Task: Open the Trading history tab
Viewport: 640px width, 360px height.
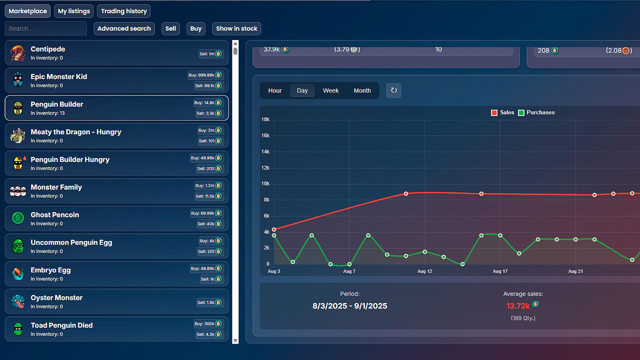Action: point(124,11)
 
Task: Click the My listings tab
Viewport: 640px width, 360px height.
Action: point(74,11)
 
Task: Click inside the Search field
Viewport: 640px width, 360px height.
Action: point(46,29)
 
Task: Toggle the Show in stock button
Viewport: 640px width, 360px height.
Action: point(236,29)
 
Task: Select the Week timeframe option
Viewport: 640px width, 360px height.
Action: point(331,91)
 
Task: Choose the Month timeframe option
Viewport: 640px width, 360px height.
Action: point(362,91)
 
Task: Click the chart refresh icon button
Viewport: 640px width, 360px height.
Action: point(394,90)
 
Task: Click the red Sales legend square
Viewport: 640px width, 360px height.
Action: point(494,113)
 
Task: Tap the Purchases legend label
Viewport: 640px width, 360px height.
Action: point(540,113)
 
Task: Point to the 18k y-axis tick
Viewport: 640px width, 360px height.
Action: point(265,119)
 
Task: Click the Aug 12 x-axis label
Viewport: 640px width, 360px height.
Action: point(425,271)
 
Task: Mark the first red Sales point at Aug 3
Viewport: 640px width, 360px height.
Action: point(274,229)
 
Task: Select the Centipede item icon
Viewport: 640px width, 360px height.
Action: point(18,53)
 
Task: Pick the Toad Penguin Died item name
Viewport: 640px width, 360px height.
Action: point(62,325)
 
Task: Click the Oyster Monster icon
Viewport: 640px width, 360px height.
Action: point(18,301)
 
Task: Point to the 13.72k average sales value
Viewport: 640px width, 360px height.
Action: point(518,306)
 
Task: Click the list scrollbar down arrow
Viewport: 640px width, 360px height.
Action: point(235,341)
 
